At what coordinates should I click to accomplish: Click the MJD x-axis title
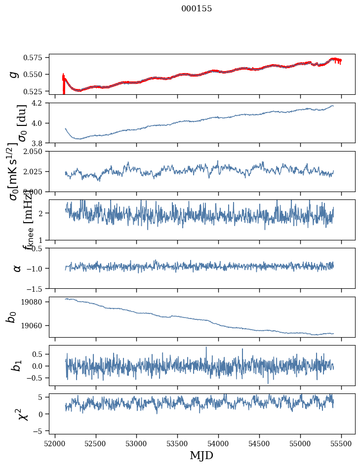pos(201,455)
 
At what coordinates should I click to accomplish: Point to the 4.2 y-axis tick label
pos(40,103)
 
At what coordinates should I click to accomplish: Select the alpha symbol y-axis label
pos(17,268)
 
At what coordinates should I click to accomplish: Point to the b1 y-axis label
pos(17,365)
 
